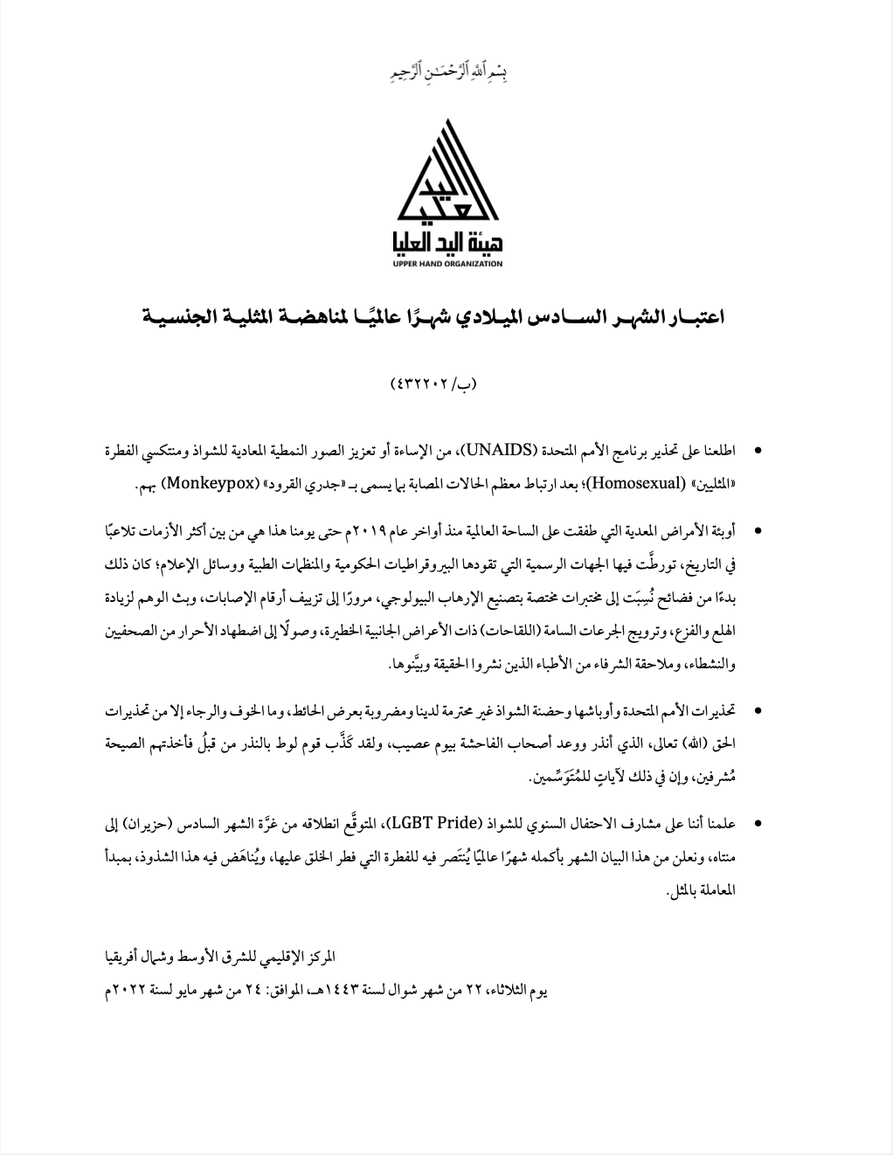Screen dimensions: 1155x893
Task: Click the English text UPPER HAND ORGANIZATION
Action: coord(446,263)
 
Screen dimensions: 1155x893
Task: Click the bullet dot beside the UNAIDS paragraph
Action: coord(757,452)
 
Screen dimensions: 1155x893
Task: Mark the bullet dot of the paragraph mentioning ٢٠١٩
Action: coord(757,531)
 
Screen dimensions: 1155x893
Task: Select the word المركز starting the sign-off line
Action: coord(721,958)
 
